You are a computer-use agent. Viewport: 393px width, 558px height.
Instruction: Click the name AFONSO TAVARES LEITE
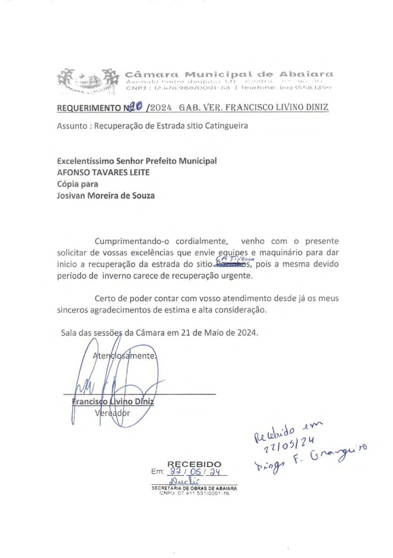[103, 173]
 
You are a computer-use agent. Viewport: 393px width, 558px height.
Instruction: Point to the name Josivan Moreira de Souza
[106, 196]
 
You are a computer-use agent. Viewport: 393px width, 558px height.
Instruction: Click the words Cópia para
[78, 184]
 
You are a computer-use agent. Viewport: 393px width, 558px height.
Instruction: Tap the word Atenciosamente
[124, 356]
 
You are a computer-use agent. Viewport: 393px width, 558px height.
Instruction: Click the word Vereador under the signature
[112, 413]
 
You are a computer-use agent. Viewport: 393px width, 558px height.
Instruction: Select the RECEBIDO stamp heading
[194, 464]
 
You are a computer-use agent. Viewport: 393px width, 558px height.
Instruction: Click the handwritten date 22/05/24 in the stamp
[196, 472]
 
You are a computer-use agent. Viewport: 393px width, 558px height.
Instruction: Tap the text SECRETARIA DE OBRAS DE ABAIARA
[194, 488]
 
